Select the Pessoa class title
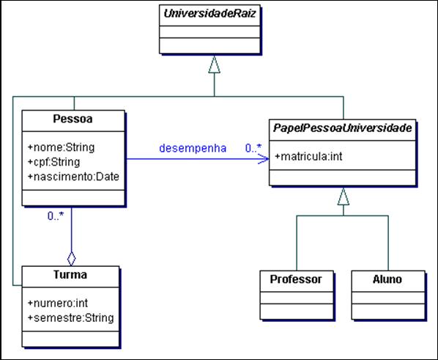coord(72,118)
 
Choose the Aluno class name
coord(387,279)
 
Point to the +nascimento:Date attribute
coord(73,176)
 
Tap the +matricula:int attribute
coord(307,155)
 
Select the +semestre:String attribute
coord(70,317)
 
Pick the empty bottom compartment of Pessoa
coord(72,196)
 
